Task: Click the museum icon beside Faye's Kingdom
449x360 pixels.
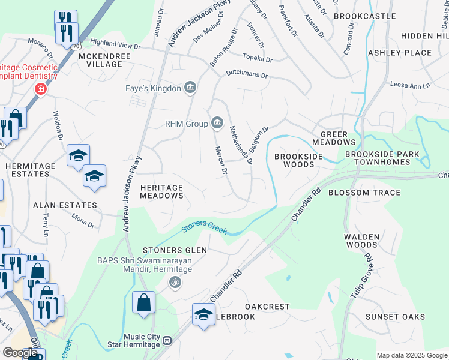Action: point(190,89)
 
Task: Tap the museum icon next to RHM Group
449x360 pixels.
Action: point(217,124)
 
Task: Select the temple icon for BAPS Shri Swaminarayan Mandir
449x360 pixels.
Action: point(175,281)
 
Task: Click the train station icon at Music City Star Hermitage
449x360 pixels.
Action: point(167,340)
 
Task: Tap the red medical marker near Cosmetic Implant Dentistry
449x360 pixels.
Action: point(40,89)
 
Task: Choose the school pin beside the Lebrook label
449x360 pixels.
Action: point(203,314)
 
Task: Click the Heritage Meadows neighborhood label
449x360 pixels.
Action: point(161,191)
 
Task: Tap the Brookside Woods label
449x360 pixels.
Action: point(298,160)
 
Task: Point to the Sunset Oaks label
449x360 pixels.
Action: point(395,317)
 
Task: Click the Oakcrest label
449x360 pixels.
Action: point(270,307)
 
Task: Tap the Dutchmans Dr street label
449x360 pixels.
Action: point(246,74)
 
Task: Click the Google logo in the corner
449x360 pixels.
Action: point(20,353)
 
